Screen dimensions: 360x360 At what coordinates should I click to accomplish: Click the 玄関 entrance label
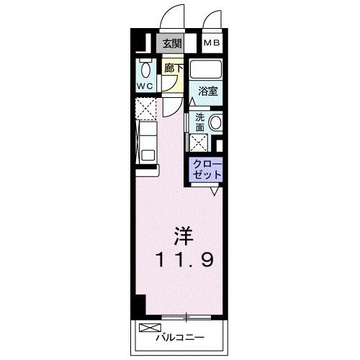pos(171,43)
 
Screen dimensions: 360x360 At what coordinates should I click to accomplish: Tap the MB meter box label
pos(212,43)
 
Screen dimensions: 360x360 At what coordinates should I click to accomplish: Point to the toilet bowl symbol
pos(146,71)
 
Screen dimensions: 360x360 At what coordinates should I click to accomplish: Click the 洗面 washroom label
pos(200,121)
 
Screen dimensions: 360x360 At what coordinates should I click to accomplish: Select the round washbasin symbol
pos(215,123)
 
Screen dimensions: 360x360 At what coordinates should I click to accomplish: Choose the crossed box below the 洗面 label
pos(199,142)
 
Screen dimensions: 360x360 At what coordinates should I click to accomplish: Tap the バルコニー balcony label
pos(180,337)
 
